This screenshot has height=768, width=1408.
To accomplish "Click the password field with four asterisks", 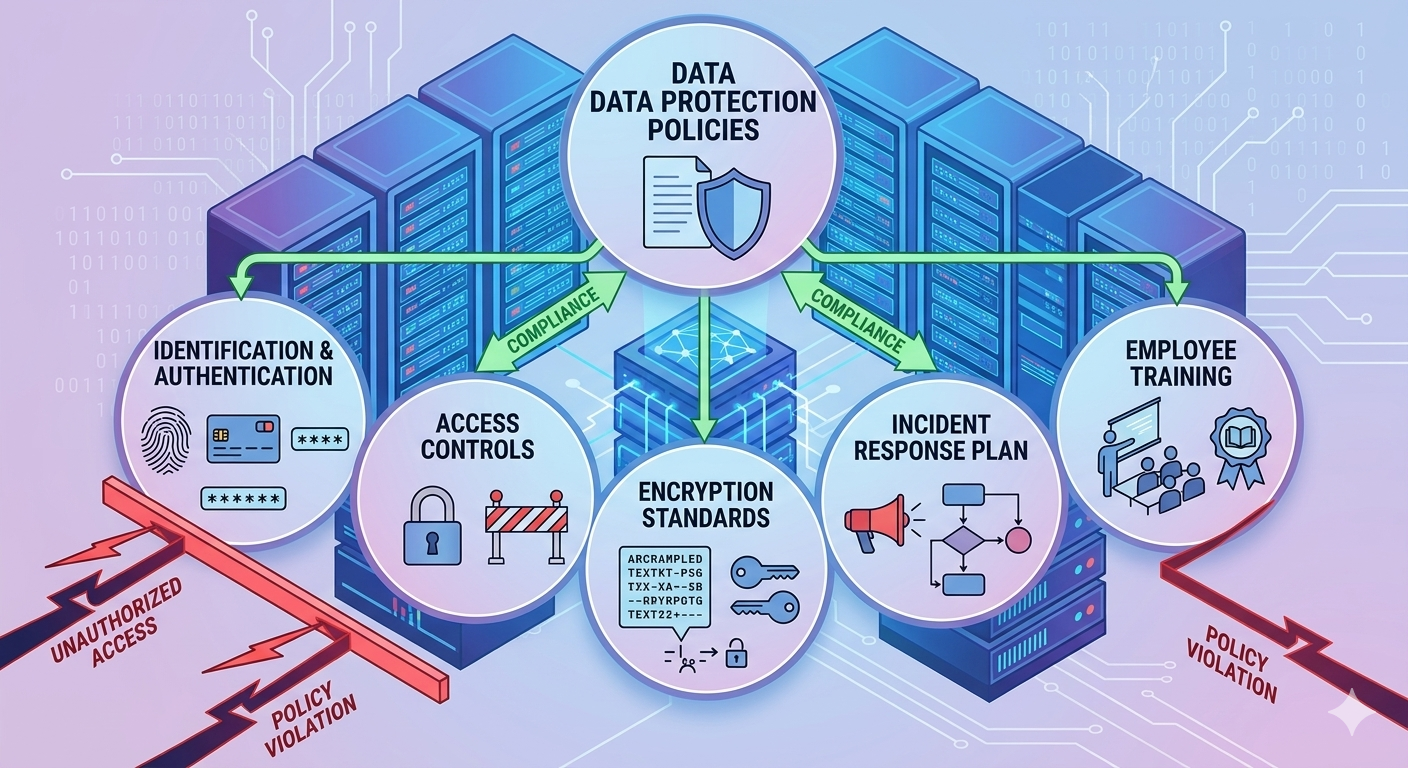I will coord(319,438).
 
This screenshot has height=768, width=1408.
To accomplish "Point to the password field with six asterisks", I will coord(243,498).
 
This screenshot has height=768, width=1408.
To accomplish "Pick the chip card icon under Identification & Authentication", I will coord(243,440).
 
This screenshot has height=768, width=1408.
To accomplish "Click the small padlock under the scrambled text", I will coord(737,655).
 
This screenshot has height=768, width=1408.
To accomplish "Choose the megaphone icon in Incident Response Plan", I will coord(873,519).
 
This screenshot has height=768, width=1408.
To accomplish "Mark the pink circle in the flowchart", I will coord(1017,540).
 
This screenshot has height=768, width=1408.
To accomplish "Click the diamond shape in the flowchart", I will coord(958,541).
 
